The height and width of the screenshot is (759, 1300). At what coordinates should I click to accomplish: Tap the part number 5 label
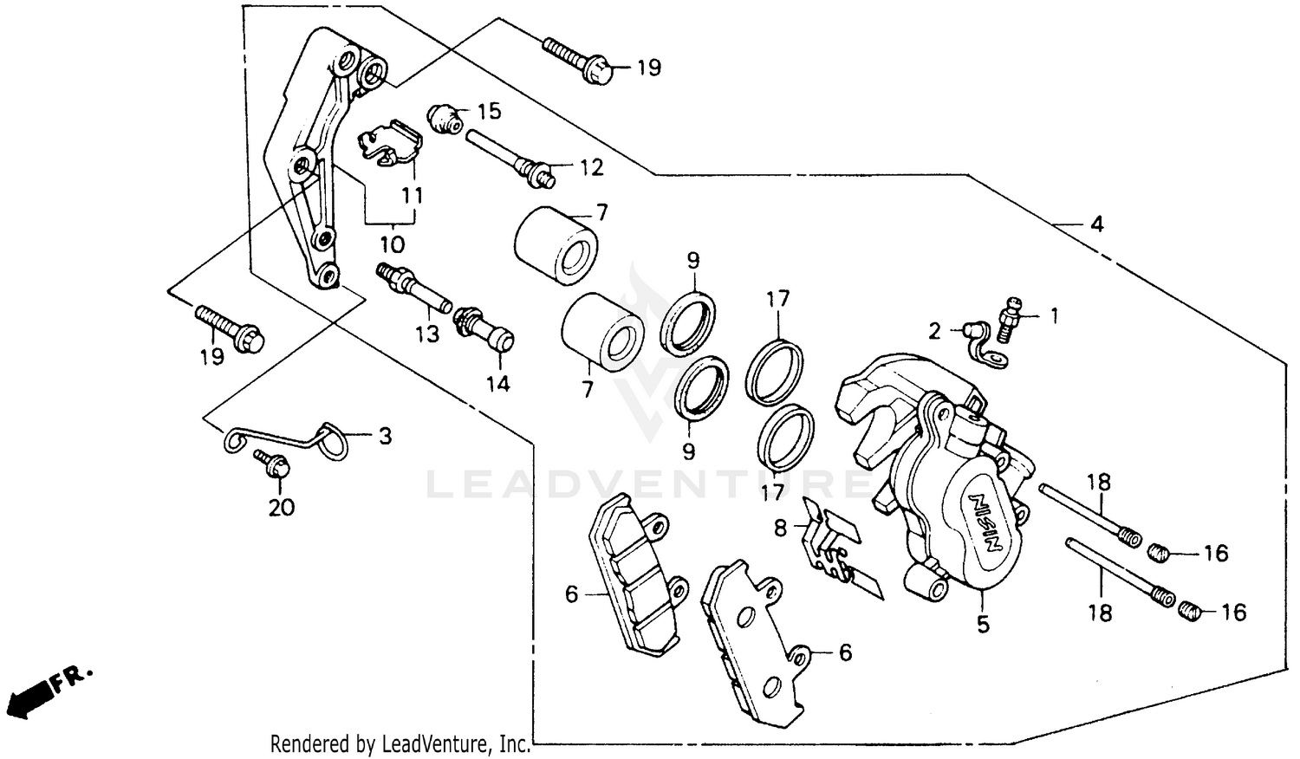click(982, 624)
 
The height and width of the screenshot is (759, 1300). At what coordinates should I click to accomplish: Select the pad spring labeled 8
click(832, 542)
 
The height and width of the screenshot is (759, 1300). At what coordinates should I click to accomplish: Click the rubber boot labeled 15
click(445, 119)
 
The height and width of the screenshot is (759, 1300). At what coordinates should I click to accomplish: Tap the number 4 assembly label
click(1096, 224)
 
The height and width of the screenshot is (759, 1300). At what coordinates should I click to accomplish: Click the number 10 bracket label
click(392, 244)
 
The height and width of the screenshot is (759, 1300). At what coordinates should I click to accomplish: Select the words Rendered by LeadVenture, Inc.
click(400, 743)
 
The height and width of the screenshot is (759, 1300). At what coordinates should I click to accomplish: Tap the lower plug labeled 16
click(1190, 612)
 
